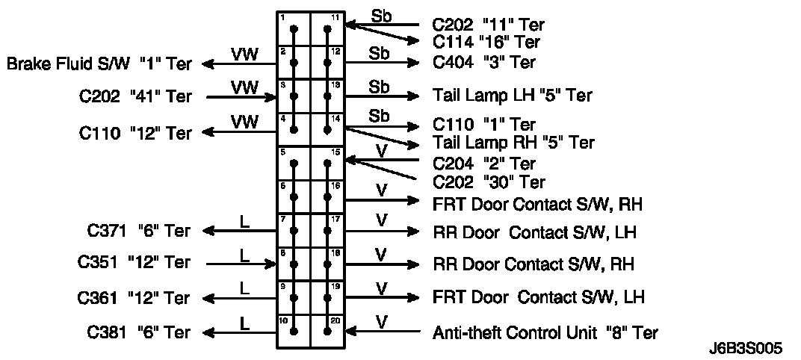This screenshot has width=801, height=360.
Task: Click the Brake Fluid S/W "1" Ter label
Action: pyautogui.click(x=99, y=65)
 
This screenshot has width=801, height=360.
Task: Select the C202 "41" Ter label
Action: pyautogui.click(x=135, y=96)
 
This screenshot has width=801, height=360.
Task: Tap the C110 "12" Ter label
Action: pyautogui.click(x=135, y=134)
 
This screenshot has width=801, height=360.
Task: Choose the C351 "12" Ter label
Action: pyautogui.click(x=134, y=263)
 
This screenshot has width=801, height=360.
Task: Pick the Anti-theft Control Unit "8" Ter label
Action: pyautogui.click(x=545, y=332)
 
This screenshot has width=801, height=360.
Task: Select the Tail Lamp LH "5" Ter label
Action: pyautogui.click(x=512, y=96)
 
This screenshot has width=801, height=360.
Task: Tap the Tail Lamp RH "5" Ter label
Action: pyautogui.click(x=513, y=142)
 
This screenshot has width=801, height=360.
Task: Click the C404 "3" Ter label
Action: pyautogui.click(x=483, y=63)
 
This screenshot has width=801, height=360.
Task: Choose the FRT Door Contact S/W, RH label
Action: pyautogui.click(x=537, y=202)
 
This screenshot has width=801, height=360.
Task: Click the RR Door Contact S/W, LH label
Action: pyautogui.click(x=536, y=232)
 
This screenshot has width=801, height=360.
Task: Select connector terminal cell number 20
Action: pyautogui.click(x=327, y=330)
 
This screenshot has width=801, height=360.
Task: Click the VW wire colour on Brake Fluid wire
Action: pyautogui.click(x=244, y=55)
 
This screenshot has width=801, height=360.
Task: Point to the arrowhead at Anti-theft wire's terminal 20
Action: pyautogui.click(x=350, y=332)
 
